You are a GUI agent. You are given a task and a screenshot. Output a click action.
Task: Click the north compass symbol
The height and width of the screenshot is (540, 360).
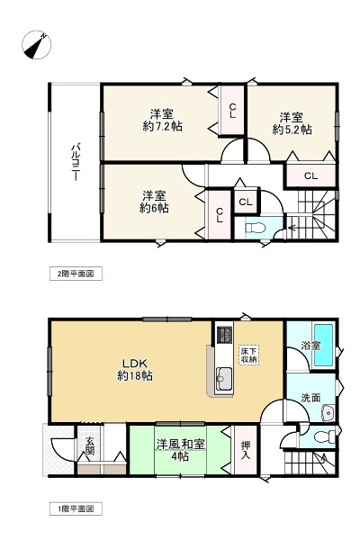coord(37,45)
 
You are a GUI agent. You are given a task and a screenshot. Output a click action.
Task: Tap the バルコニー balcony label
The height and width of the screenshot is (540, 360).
coord(76,163)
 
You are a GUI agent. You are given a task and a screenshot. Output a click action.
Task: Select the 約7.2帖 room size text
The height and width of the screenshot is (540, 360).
coord(162,126)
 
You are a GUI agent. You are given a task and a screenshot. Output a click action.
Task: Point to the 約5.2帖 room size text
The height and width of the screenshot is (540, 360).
coord(292,130)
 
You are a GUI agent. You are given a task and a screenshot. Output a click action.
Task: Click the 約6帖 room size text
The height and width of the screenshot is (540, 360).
coord(154,209)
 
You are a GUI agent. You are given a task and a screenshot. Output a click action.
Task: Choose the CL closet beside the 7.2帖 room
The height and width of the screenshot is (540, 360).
coord(232,110)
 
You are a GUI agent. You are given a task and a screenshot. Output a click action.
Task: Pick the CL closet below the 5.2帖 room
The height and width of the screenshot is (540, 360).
coord(310,176)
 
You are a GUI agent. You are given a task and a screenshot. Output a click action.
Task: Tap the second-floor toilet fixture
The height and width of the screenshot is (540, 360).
coord(256,228)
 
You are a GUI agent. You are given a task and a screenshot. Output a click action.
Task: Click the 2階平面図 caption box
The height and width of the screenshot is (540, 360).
coord(76,274)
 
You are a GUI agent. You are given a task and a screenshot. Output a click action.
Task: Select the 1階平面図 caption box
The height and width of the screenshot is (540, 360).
coord(76,508)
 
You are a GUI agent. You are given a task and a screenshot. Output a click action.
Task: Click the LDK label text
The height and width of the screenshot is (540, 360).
coord(135,364)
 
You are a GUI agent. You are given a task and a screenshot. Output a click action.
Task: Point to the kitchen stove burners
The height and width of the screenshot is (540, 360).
coord(224,334)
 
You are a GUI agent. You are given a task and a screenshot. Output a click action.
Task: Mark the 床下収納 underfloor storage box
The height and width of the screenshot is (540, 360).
coord(248,355)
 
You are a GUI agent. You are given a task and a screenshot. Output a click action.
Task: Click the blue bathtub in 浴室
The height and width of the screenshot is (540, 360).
coord(324,345)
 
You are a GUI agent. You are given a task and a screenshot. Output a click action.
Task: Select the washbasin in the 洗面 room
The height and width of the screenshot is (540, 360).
coord(328,412)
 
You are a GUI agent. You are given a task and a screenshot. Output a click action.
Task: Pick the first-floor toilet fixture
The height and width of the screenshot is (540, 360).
coord(325,436)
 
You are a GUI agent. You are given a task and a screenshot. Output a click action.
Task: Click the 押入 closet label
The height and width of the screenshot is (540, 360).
coord(246,450)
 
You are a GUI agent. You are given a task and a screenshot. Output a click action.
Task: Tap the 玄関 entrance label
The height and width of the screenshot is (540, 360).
coord(90,446)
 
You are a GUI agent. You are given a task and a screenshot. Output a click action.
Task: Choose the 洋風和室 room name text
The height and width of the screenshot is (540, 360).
coord(181,445)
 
